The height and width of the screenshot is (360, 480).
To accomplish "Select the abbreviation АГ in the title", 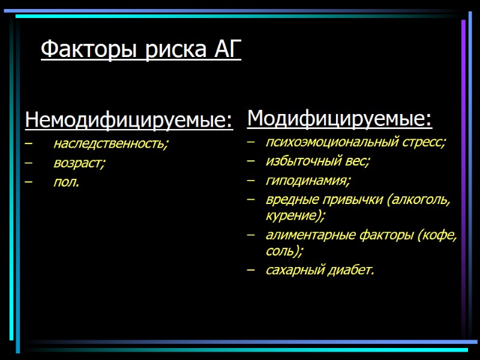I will point(227,50).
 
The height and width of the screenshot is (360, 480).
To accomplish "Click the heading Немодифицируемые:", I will point(128,121).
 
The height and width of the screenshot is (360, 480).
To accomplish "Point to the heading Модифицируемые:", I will point(339,119).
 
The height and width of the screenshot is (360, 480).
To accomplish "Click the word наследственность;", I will point(111,144).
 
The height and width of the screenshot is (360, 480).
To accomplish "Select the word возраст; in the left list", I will point(79,163).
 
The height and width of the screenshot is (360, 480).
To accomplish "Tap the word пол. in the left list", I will point(66,182).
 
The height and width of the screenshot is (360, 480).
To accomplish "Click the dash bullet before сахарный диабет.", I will point(251,270).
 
